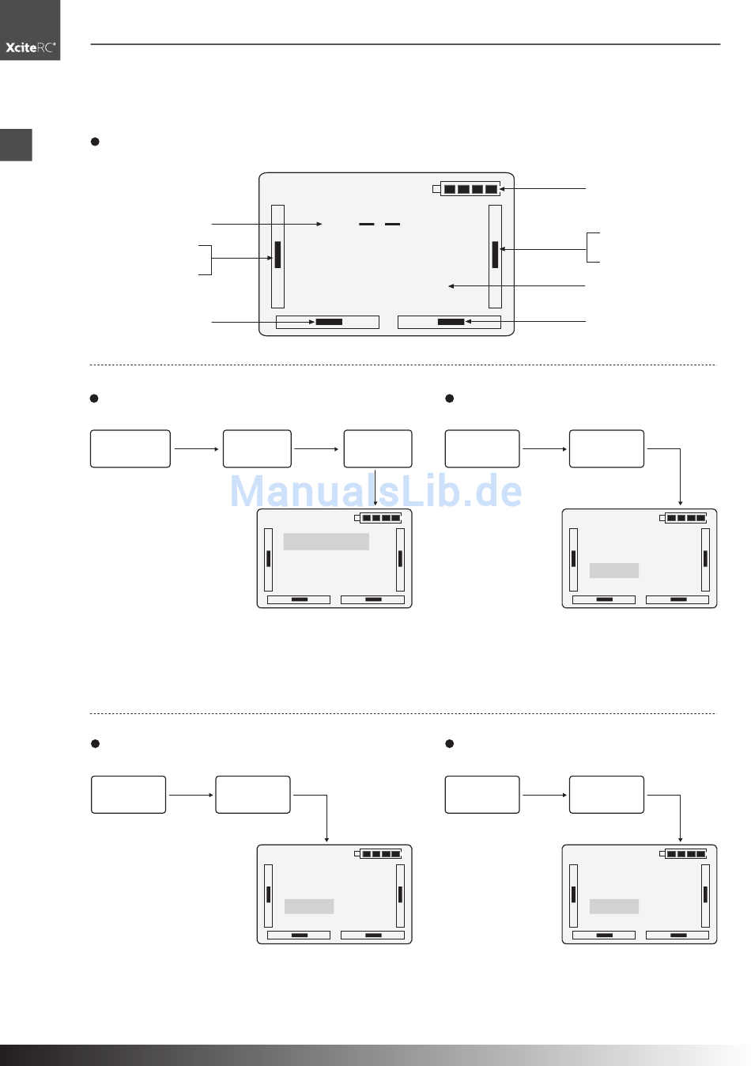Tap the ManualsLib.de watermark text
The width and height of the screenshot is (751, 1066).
375,490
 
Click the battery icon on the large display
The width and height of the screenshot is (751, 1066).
466,189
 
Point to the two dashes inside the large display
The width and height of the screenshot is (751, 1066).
379,224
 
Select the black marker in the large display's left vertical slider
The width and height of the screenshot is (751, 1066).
277,255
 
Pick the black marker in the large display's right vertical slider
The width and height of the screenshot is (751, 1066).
495,255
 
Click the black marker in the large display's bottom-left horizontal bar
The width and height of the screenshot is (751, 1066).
329,322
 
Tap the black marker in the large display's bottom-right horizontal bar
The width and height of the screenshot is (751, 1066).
451,322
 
